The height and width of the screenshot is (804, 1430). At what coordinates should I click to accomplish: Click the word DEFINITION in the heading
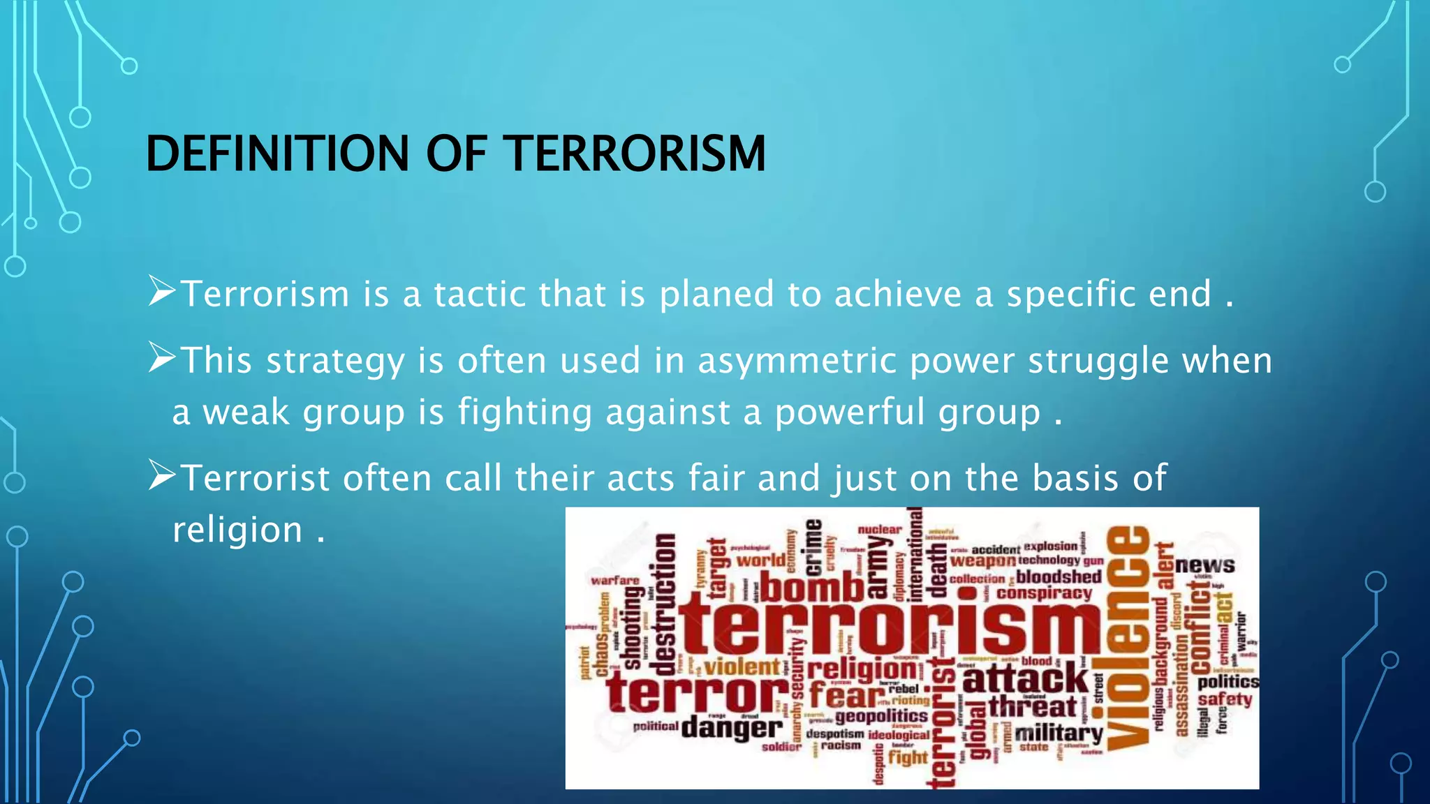click(x=277, y=154)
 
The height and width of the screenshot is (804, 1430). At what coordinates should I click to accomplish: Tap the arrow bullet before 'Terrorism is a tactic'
click(x=162, y=292)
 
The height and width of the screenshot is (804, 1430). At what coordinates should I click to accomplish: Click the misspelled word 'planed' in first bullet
click(x=716, y=295)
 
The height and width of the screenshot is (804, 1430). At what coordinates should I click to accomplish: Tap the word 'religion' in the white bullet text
click(x=237, y=530)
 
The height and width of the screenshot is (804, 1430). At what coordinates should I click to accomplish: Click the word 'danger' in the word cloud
click(x=732, y=729)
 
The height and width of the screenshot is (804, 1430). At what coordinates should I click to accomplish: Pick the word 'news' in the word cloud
click(x=1204, y=565)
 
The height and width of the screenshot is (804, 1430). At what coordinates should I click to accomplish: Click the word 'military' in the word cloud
click(x=1059, y=734)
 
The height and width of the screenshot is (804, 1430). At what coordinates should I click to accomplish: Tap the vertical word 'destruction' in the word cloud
click(x=665, y=604)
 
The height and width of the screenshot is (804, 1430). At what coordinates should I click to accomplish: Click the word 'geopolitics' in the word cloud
click(x=881, y=716)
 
